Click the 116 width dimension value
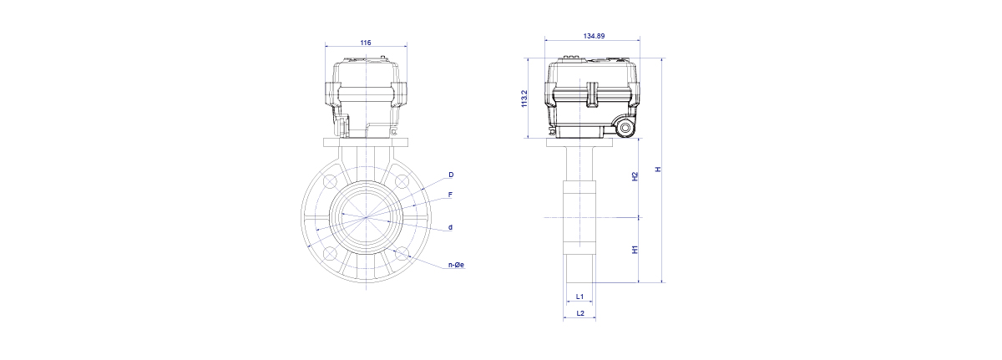tap(366, 43)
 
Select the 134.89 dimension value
tap(594, 36)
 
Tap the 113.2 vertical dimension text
tap(524, 99)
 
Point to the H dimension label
tap(658, 170)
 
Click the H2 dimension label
tap(635, 176)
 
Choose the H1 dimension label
tap(635, 250)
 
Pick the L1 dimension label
tap(579, 297)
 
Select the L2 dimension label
tap(580, 313)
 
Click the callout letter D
tap(451, 175)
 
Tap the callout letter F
tap(450, 195)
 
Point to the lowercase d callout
tap(450, 227)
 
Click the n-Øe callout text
tap(456, 265)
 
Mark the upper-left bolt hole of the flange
tap(330, 181)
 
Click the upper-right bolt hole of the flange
tap(402, 181)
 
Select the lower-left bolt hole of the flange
tap(330, 253)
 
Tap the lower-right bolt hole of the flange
tap(402, 253)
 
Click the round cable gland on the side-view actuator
tap(625, 129)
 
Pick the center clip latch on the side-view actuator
tap(592, 95)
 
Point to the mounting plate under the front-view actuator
tap(366, 142)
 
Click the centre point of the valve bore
tap(367, 217)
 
